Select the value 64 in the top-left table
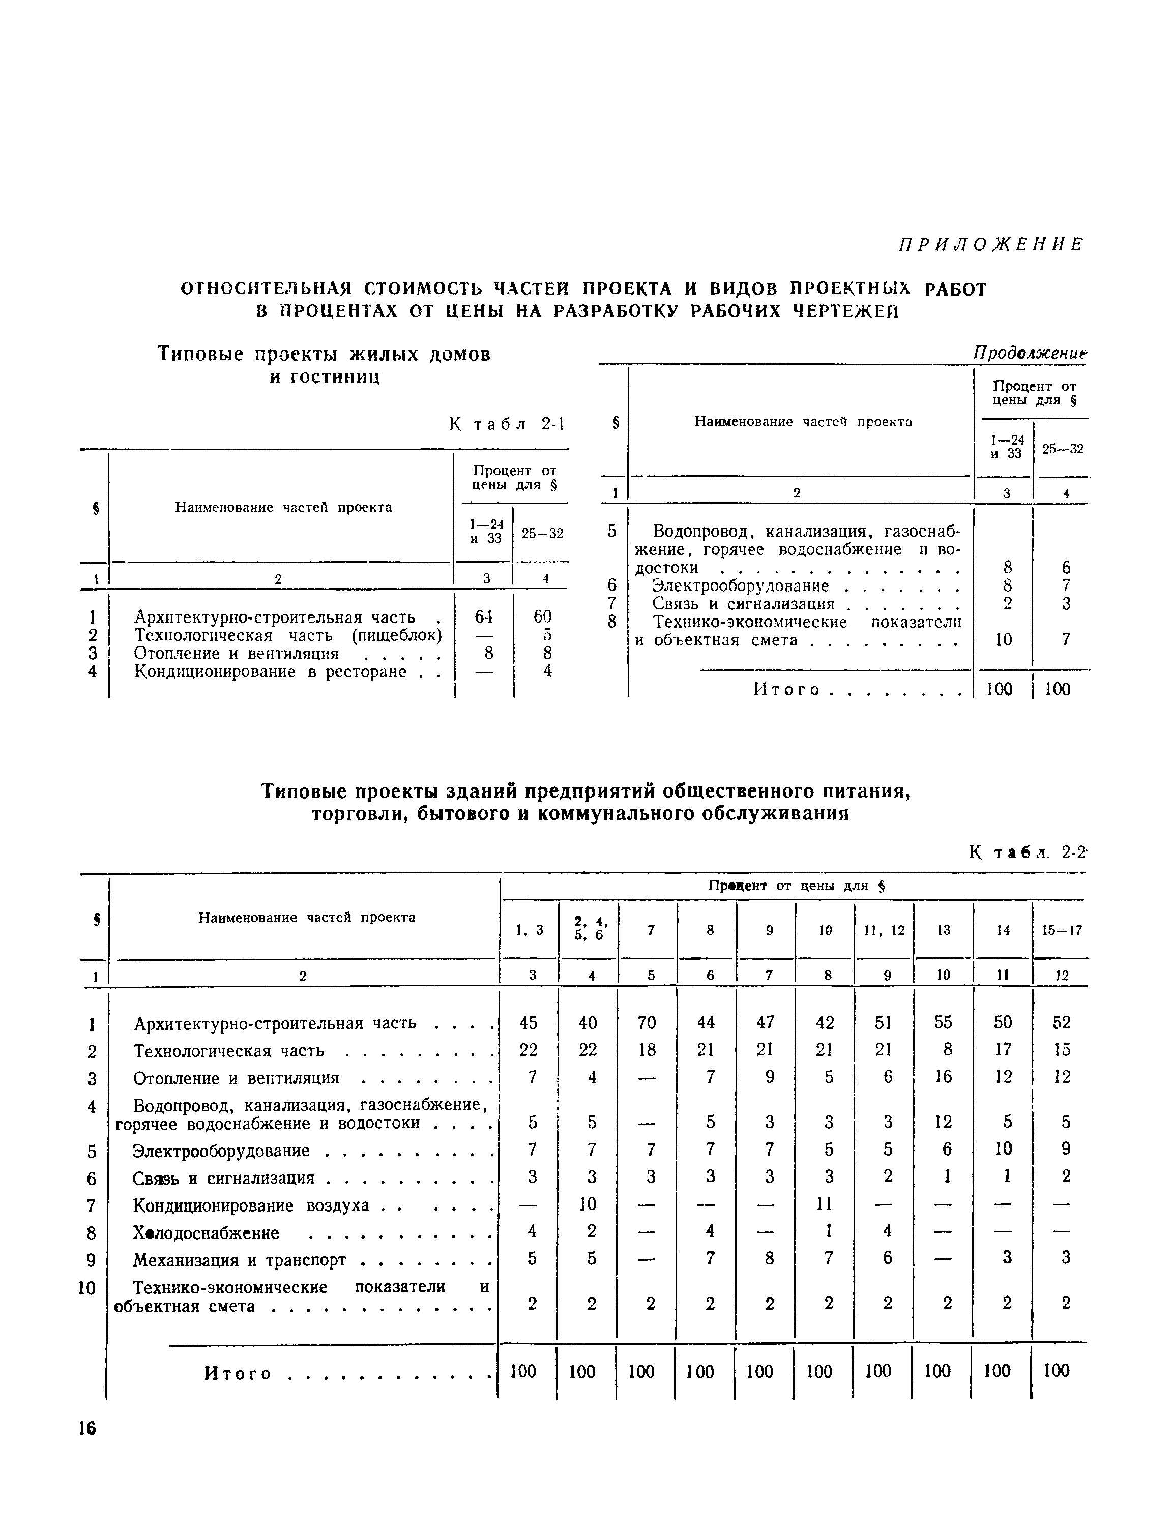(483, 616)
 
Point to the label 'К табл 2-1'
(507, 424)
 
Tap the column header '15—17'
(1062, 930)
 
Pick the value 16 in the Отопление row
(943, 1076)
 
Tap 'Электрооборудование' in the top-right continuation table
(740, 586)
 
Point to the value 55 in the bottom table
(943, 1023)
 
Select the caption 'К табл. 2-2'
(1028, 852)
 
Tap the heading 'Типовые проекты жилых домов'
(325, 355)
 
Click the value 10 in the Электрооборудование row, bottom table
(1003, 1149)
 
